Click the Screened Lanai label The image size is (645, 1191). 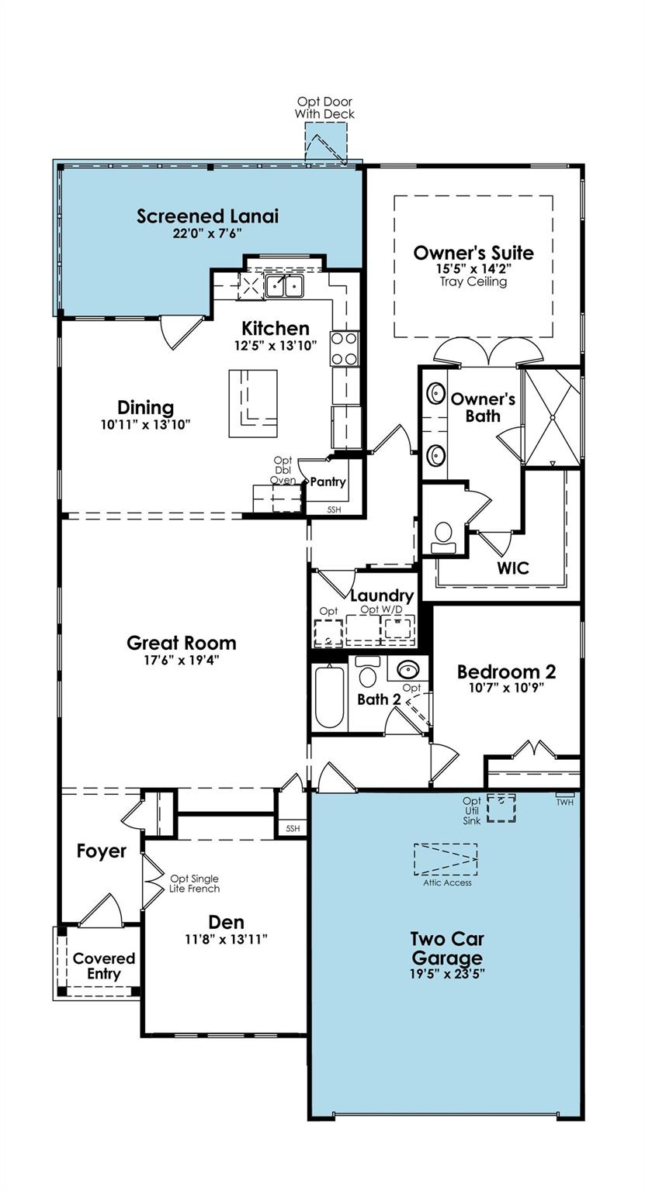click(x=207, y=216)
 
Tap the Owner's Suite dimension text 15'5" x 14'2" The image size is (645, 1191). click(x=473, y=268)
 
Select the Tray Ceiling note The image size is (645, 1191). click(x=473, y=281)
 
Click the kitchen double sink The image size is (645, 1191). click(x=283, y=286)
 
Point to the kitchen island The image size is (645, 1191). click(x=253, y=402)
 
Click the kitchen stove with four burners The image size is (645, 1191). click(x=345, y=348)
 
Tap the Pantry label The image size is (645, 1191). click(x=328, y=482)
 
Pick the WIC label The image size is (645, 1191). click(x=513, y=568)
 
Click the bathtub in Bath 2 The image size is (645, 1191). click(x=329, y=697)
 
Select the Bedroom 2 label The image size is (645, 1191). click(x=506, y=671)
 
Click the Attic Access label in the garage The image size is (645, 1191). click(x=447, y=882)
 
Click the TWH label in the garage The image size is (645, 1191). click(x=564, y=802)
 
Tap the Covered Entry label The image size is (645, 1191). click(x=104, y=966)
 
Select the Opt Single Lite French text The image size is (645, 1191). click(x=195, y=883)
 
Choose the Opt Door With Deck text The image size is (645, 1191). click(x=324, y=108)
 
